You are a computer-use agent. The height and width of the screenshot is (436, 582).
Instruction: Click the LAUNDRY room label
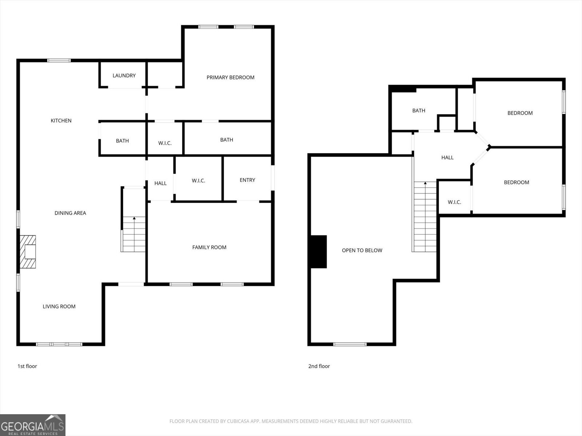(124, 76)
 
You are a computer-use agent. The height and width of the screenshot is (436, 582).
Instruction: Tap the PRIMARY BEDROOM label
(230, 77)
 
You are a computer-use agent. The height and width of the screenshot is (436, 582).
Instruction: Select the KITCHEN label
(61, 121)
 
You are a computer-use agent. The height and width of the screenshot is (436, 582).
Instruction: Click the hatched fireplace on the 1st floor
(28, 252)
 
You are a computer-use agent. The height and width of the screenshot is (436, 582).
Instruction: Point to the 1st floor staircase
(134, 234)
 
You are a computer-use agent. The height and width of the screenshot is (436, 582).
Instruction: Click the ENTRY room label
(247, 180)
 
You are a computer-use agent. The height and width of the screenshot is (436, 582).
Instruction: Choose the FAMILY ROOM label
(209, 247)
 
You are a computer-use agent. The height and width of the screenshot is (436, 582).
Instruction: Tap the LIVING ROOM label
(59, 307)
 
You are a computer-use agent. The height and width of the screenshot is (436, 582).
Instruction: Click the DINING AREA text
(70, 213)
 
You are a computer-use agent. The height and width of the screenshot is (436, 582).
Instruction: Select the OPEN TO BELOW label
(362, 250)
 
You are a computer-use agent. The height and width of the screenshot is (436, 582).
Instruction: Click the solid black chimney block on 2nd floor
(318, 252)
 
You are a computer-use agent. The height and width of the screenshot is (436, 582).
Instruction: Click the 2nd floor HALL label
(447, 158)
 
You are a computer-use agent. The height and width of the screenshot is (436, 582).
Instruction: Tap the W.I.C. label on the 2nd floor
(454, 202)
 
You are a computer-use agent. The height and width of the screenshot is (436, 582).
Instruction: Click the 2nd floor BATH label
(419, 111)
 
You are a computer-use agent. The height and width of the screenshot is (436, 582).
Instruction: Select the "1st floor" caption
(27, 366)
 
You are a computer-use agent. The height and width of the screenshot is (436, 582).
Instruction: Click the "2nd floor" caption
(319, 366)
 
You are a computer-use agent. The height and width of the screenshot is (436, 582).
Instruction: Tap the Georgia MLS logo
(33, 425)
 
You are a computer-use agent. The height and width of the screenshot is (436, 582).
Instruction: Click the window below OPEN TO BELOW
(350, 344)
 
